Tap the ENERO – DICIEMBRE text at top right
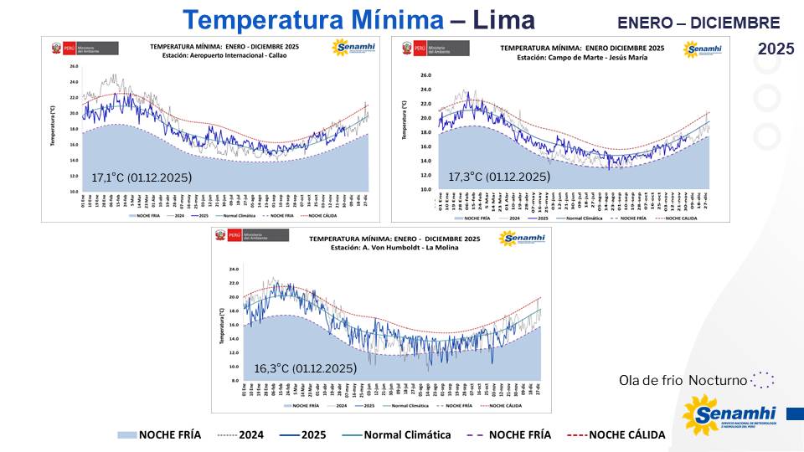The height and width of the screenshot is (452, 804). (698, 23)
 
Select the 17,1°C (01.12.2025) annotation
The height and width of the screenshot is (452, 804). (142, 177)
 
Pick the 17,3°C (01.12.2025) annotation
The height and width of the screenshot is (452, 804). (499, 177)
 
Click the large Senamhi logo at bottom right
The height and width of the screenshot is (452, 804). (729, 417)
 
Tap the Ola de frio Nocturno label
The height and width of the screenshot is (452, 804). (683, 380)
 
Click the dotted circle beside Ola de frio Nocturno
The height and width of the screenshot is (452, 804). (762, 380)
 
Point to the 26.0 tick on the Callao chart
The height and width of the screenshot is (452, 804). (74, 66)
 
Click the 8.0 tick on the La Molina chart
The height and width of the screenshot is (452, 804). (234, 380)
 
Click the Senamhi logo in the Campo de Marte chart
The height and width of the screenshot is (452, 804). (701, 50)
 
